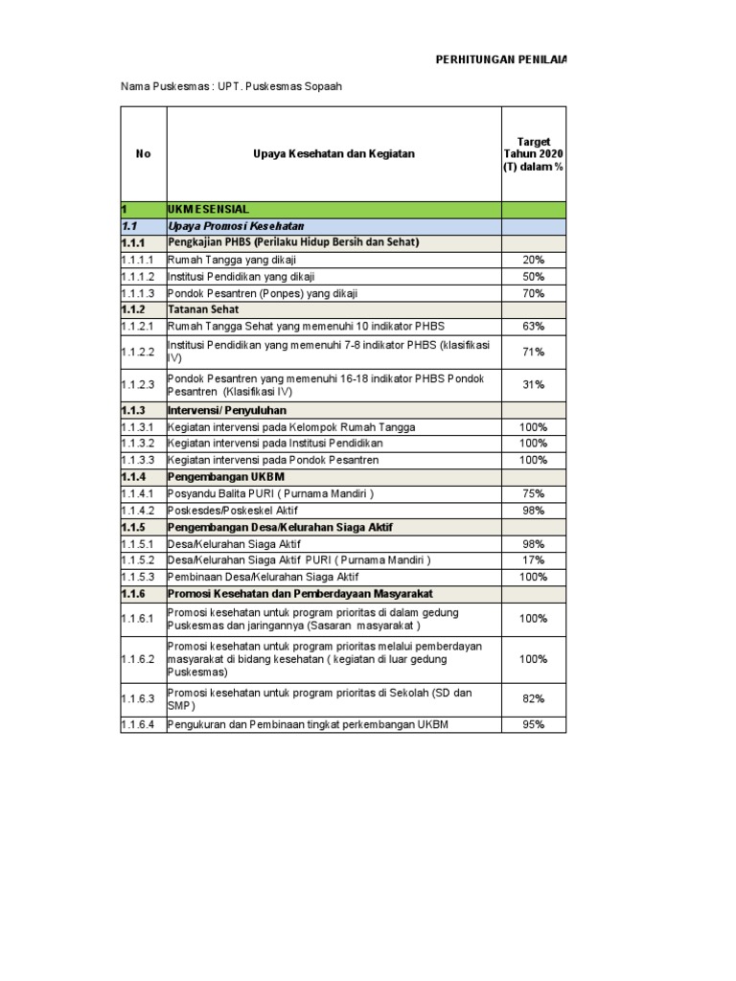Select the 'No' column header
click(144, 154)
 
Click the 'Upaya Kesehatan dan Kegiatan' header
click(333, 154)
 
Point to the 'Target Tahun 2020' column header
click(534, 154)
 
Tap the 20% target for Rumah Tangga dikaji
click(534, 260)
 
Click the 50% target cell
click(534, 276)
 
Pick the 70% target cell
click(534, 293)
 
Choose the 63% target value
click(534, 327)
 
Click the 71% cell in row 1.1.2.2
click(534, 352)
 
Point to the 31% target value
click(534, 384)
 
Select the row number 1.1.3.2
click(142, 444)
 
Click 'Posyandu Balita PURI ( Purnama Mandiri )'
click(270, 493)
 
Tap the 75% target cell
click(534, 493)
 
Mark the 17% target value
click(534, 560)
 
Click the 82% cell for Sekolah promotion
click(534, 699)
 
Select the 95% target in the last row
click(534, 725)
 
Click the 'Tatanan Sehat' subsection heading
click(204, 309)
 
